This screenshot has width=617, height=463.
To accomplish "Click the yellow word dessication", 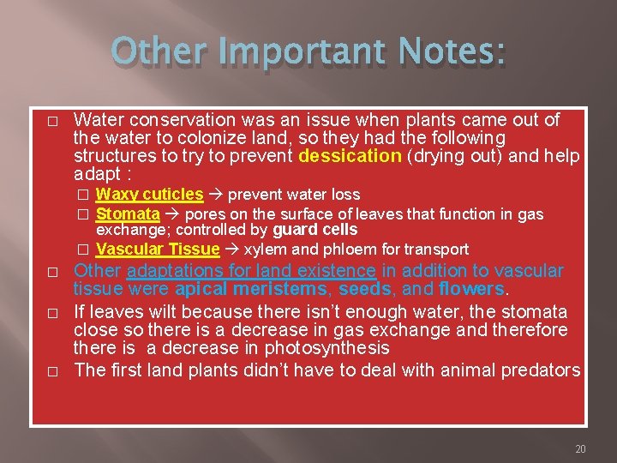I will tap(350, 156).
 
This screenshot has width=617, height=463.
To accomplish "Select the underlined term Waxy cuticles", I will tap(149, 195).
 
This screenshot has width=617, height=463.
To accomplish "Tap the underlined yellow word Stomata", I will tap(128, 213).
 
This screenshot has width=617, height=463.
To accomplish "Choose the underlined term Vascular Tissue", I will tap(158, 250).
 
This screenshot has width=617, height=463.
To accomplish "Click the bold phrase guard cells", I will tap(314, 230).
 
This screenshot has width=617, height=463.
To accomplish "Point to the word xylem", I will tap(263, 250).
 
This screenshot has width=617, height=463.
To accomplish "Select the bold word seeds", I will tap(365, 289).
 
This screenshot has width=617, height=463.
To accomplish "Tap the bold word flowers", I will tap(469, 289).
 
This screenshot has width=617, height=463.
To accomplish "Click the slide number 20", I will tap(580, 449).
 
